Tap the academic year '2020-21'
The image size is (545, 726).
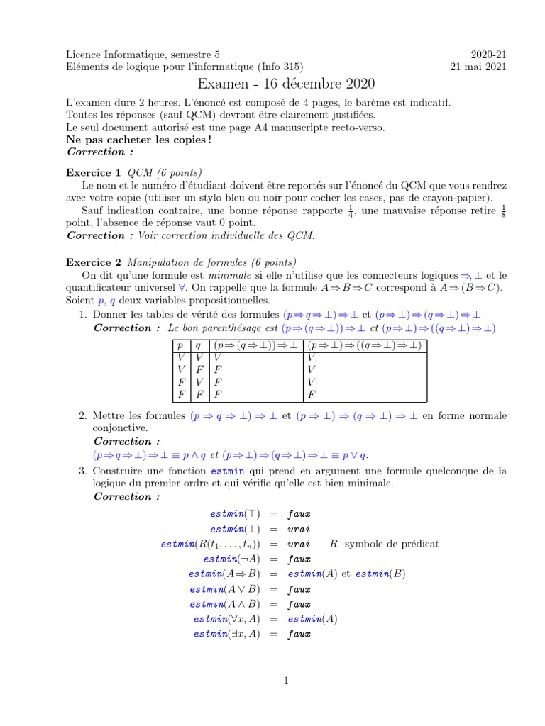[x=489, y=54]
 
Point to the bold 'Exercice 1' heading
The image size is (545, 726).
[x=94, y=172]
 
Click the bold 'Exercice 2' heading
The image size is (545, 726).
[x=94, y=262]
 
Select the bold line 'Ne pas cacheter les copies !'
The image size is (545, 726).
[x=138, y=140]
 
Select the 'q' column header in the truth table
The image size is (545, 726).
[x=198, y=346]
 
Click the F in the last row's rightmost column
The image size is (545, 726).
[x=311, y=393]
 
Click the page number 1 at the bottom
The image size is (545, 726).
[x=285, y=681]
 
